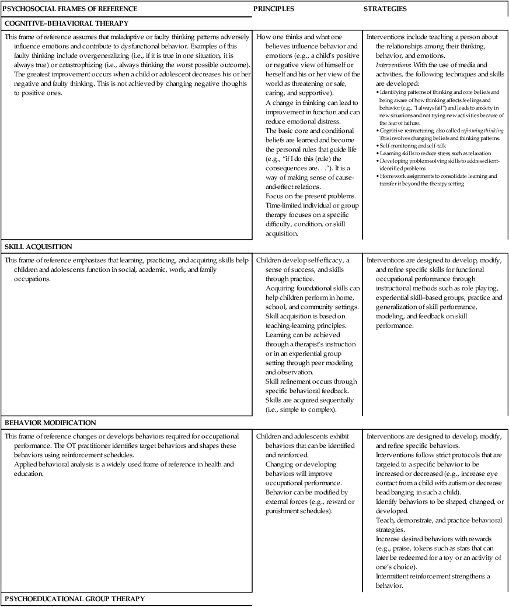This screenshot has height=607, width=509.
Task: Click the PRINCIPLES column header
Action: click(274, 9)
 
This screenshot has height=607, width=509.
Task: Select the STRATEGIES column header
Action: click(385, 9)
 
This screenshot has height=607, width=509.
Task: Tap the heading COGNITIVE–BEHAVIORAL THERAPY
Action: click(66, 23)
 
